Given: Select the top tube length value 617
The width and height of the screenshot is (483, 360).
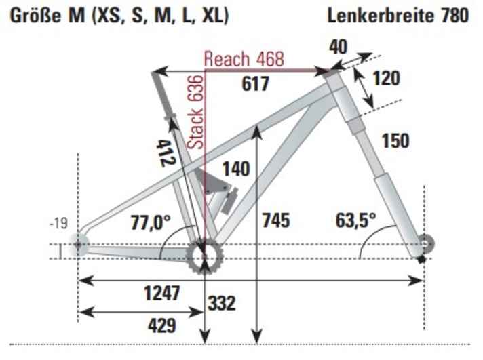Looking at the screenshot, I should (256, 84).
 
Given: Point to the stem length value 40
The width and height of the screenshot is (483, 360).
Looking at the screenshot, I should (339, 47).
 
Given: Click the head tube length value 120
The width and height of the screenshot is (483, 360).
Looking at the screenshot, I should (386, 79).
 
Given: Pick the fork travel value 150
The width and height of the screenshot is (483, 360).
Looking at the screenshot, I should (395, 141).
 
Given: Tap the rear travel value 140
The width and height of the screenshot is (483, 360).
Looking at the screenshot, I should (235, 168).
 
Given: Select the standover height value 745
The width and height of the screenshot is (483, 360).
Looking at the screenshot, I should (275, 220).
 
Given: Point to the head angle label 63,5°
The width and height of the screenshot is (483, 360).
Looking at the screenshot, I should (355, 220).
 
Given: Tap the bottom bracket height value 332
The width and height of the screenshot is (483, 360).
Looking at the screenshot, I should (222, 303).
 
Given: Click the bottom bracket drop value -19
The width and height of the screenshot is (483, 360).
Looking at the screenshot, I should (60, 224).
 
